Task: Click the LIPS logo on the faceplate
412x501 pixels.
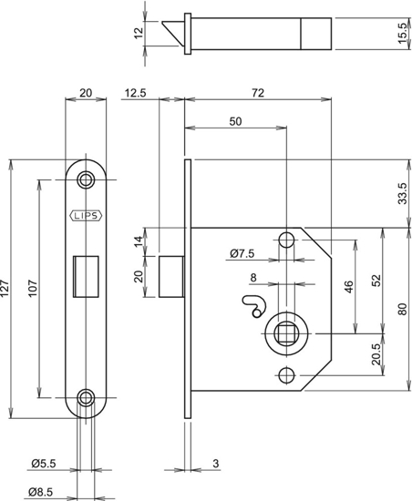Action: pyautogui.click(x=86, y=216)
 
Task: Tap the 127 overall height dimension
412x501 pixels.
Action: pyautogui.click(x=5, y=288)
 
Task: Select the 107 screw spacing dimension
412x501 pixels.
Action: pyautogui.click(x=33, y=288)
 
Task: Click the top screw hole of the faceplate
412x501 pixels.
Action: pyautogui.click(x=86, y=179)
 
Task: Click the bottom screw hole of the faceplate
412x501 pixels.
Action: pyautogui.click(x=86, y=398)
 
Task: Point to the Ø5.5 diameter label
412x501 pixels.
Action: pyautogui.click(x=44, y=463)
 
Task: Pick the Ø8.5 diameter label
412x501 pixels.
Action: pyautogui.click(x=41, y=492)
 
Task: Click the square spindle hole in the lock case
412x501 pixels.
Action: pyautogui.click(x=286, y=333)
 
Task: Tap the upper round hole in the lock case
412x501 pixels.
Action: pyautogui.click(x=286, y=240)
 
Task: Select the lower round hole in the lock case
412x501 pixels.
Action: pyautogui.click(x=286, y=375)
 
